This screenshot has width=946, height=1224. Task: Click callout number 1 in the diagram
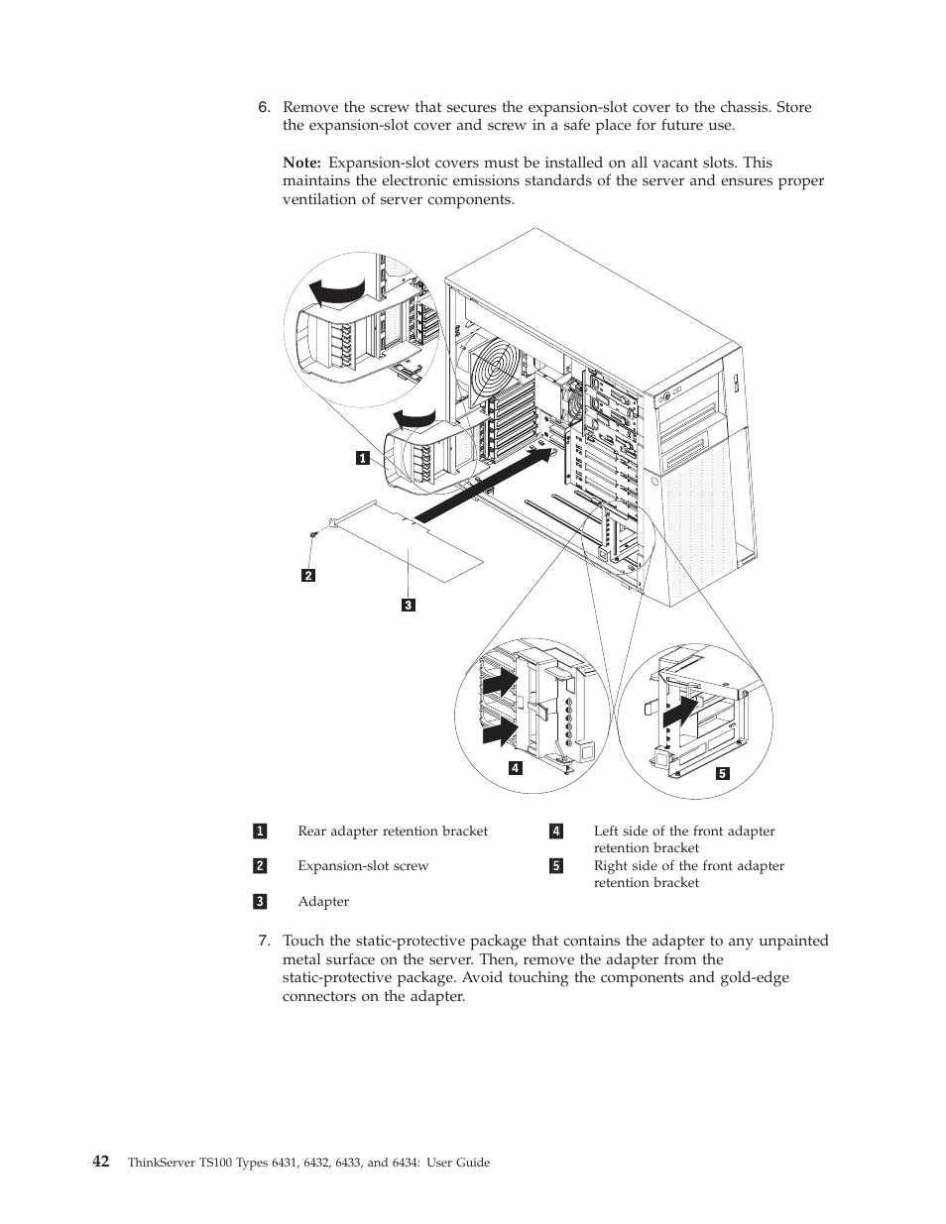[363, 458]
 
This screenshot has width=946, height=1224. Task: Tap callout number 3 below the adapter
[408, 605]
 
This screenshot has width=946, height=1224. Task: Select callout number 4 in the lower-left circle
[516, 767]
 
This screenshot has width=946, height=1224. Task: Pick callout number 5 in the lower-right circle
[723, 773]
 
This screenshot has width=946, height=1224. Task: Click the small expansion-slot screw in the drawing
[314, 535]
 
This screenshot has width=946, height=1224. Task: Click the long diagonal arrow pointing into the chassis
[481, 486]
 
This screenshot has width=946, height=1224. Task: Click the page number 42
[100, 1162]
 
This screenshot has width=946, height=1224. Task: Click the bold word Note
[301, 163]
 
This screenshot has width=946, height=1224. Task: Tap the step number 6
[264, 107]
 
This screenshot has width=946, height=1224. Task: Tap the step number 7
[264, 941]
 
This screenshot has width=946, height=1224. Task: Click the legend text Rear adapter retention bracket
[393, 832]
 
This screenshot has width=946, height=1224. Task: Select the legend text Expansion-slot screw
[363, 866]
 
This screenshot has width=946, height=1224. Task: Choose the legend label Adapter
[323, 902]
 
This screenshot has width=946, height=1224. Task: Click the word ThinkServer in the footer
[162, 1163]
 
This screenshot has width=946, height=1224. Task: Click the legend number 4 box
[556, 832]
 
